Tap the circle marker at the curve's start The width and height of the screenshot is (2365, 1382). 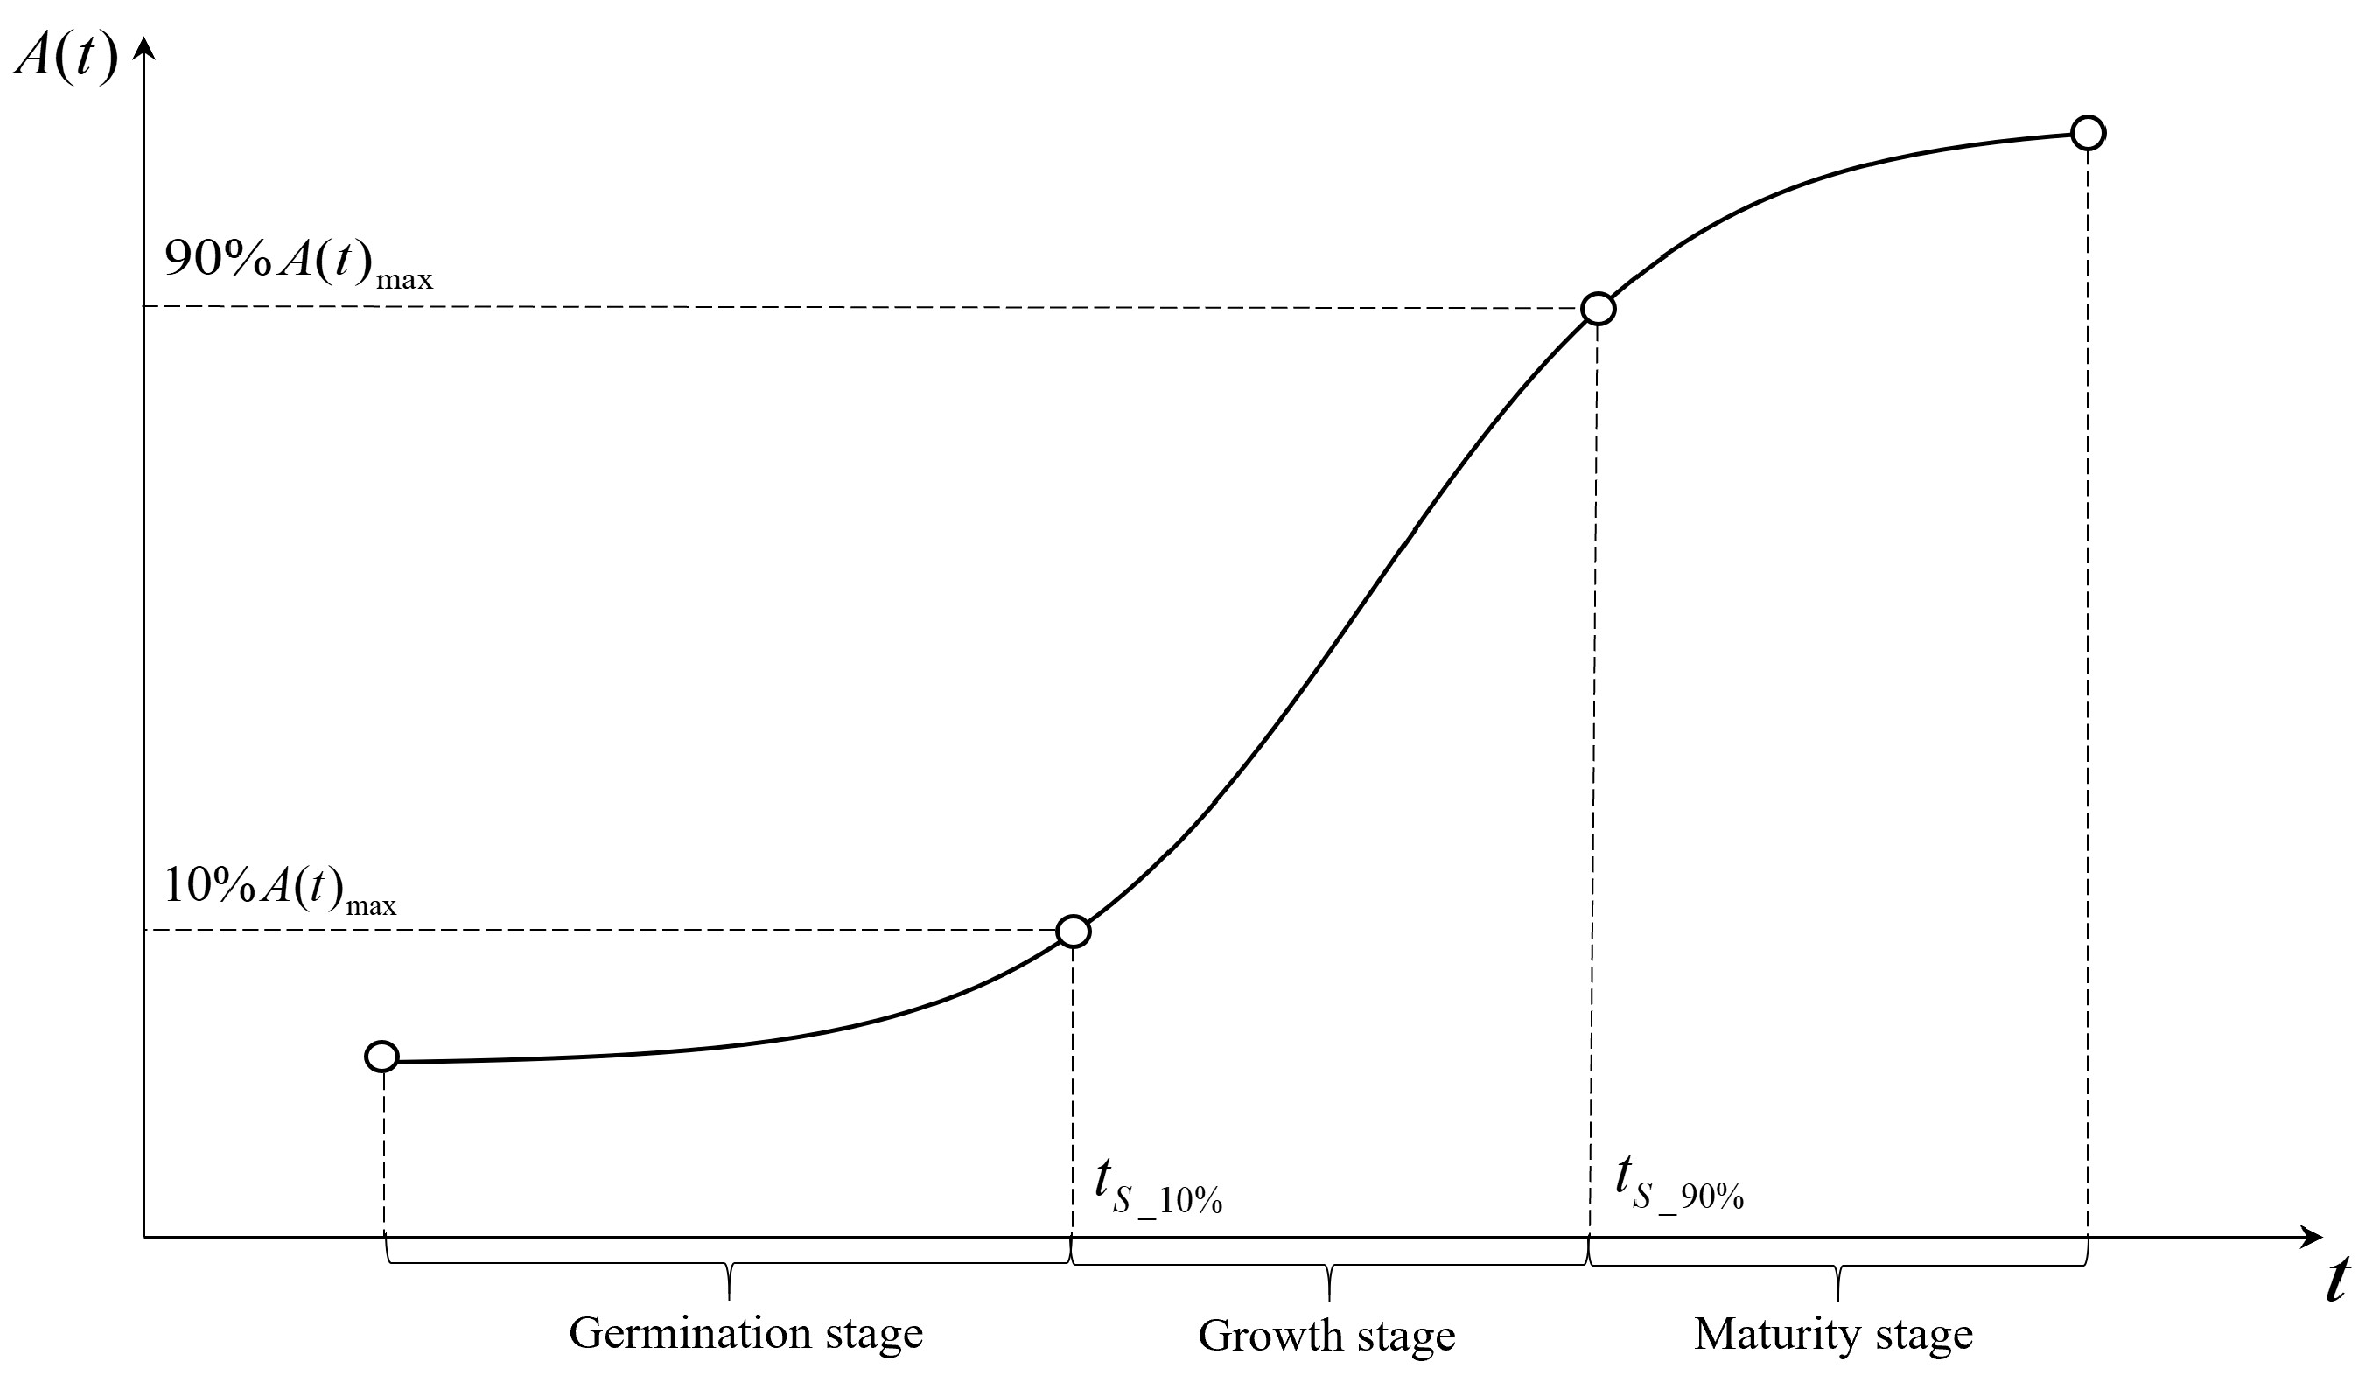382,1057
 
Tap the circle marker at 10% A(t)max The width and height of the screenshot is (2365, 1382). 1073,932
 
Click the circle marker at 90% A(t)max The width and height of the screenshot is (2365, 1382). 1599,309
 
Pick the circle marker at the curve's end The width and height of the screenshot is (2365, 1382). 2088,133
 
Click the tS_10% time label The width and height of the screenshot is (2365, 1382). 1158,1187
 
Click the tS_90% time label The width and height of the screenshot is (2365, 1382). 1678,1185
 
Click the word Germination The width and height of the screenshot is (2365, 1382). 689,1333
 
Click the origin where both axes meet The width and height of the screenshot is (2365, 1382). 143,1238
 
